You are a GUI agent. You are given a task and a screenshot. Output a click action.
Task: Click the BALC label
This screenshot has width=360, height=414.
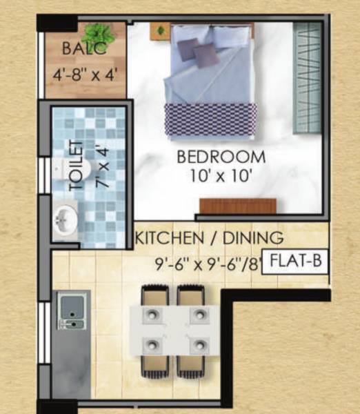pos(85,50)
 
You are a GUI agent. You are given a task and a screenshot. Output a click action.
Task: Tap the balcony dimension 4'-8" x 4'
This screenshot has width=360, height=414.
pos(86,73)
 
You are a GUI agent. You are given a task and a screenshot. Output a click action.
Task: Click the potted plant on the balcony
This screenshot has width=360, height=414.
pos(101,32)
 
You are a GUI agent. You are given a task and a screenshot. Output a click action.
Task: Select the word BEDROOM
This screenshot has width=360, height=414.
pos(221,157)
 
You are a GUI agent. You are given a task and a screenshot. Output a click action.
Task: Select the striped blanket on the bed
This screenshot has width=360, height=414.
pos(210,119)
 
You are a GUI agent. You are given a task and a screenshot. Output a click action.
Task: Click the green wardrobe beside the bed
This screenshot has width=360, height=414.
pos(308,77)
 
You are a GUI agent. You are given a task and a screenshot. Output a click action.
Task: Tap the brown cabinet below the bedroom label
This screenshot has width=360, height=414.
pos(238,206)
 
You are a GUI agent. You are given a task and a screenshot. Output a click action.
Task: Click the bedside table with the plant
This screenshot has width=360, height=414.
pos(160,30)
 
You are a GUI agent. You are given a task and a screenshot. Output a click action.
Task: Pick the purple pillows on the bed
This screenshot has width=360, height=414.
pos(197,51)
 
